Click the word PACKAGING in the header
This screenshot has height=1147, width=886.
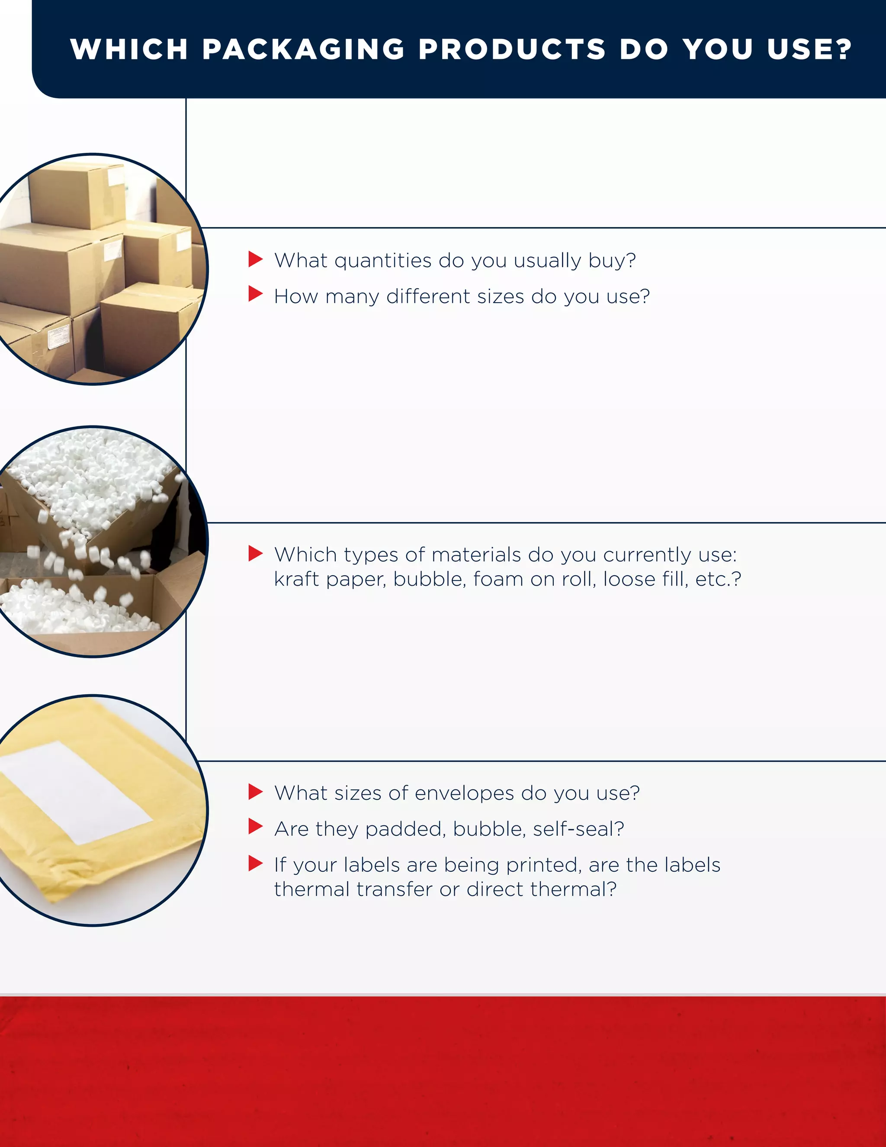point(303,49)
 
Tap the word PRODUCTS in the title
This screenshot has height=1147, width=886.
point(512,49)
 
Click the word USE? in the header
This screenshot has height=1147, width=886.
point(809,49)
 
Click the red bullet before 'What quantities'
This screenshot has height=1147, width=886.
point(255,259)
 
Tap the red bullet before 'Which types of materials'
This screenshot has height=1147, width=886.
point(255,553)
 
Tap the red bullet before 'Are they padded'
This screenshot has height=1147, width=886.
point(255,827)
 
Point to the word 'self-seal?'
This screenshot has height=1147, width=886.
point(578,829)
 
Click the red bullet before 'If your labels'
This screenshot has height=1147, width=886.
point(255,863)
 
